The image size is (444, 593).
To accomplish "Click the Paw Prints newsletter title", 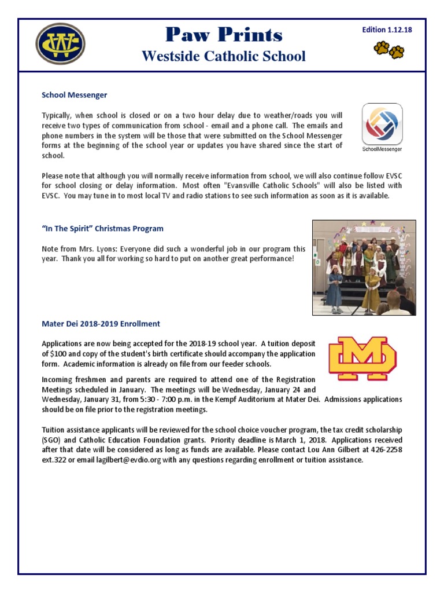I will coord(223,36).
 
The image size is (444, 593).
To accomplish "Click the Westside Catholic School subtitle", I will coord(223,56).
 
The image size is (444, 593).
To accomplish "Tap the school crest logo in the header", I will coord(60,44).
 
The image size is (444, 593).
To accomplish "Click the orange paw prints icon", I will coord(389,50).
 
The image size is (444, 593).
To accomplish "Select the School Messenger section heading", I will coord(74,95).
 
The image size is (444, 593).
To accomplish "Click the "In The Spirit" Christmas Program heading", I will coord(102,229).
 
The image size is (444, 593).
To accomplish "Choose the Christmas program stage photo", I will coord(364,267).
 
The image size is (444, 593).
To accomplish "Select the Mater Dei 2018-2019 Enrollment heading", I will coord(101,324).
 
